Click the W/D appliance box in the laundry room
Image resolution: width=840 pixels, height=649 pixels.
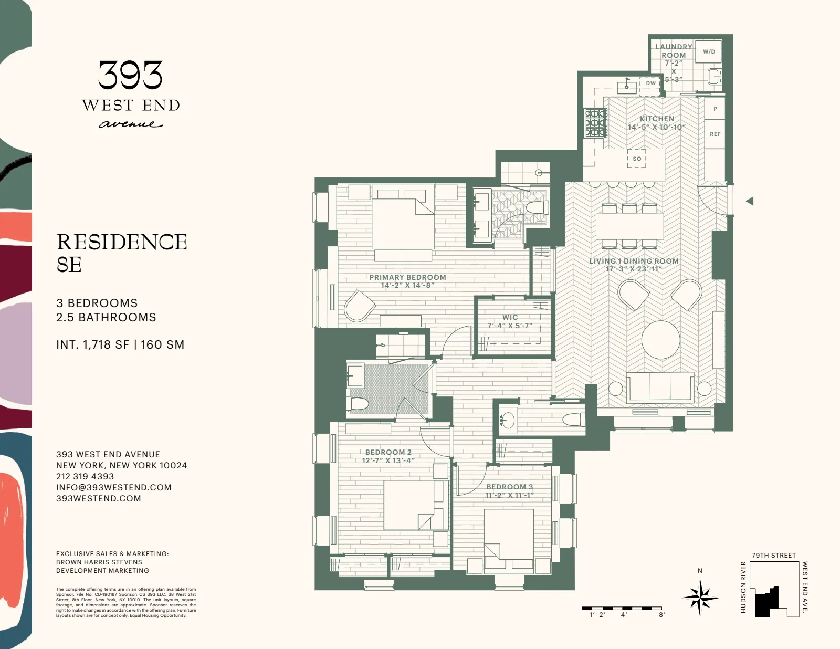(x=709, y=52)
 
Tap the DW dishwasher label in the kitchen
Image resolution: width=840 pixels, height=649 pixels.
(x=650, y=83)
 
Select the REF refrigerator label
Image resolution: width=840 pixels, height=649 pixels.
(x=715, y=134)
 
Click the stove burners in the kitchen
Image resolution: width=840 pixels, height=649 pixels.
(x=596, y=123)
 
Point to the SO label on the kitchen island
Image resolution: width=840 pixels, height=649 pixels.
(x=637, y=159)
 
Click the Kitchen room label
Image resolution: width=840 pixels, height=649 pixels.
(x=657, y=119)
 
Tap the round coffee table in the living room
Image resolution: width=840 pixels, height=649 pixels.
(x=661, y=340)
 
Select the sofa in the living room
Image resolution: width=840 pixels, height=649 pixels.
(x=660, y=387)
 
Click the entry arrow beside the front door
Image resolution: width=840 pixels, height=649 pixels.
(x=750, y=201)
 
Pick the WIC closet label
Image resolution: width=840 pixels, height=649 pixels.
(x=510, y=317)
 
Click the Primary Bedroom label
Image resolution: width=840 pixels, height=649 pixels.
(x=407, y=277)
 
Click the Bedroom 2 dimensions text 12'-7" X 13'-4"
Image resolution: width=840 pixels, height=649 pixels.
(x=388, y=460)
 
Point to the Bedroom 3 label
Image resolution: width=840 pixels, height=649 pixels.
(x=509, y=487)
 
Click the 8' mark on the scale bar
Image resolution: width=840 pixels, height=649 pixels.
(x=661, y=614)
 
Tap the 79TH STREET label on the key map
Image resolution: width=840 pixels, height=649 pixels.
(x=773, y=556)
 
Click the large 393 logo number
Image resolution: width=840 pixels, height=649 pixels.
(x=130, y=76)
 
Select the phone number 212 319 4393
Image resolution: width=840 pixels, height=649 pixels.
(x=85, y=476)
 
